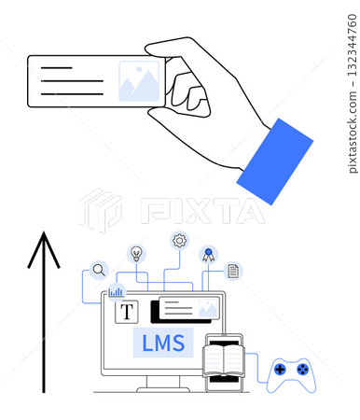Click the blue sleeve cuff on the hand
[x=274, y=161]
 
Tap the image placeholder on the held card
[x=139, y=81]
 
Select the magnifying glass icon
[x=98, y=271]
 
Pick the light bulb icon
[x=137, y=253]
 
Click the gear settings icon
[x=179, y=241]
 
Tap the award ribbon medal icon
[x=209, y=253]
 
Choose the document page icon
[x=233, y=271]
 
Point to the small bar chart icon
[x=117, y=291]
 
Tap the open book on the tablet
[x=223, y=360]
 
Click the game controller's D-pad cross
[x=280, y=370]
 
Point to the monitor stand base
[x=162, y=388]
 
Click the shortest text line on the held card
[x=57, y=68]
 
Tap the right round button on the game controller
[x=302, y=370]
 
